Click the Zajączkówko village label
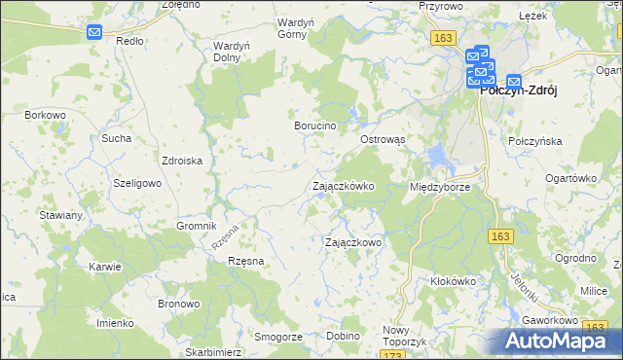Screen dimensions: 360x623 (x=342, y=186)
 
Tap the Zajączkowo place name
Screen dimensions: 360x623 (x=352, y=242)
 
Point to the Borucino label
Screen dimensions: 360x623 (x=315, y=126)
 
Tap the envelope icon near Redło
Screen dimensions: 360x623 (x=94, y=32)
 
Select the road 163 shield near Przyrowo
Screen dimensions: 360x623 (x=443, y=37)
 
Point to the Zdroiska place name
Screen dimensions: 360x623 (x=182, y=162)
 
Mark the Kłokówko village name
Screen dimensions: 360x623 (x=453, y=281)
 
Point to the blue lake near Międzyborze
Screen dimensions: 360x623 (x=437, y=154)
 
